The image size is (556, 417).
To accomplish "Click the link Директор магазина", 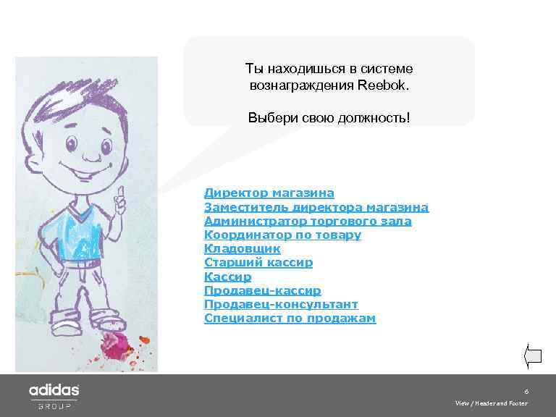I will [269, 193].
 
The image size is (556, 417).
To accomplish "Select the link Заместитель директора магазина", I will [316, 207].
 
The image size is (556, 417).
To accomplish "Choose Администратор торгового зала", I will [308, 221].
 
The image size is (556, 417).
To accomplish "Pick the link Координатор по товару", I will [282, 235].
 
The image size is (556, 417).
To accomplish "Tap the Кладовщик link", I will [242, 249].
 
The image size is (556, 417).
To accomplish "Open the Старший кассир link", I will [258, 263].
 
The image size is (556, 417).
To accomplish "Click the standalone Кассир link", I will [227, 277].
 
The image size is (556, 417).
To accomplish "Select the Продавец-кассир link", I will [263, 290].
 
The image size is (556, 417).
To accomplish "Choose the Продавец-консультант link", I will [281, 304].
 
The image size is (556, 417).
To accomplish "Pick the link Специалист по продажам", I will [290, 318].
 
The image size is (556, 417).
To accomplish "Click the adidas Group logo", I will [54, 395].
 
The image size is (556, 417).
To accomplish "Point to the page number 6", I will [526, 390].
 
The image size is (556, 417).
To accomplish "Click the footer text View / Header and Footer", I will [491, 403].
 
